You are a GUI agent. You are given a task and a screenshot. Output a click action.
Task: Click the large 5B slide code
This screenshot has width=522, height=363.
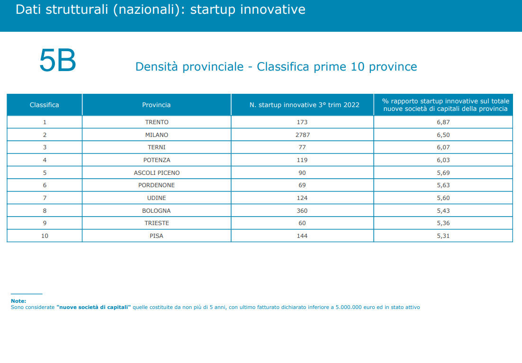coord(58,60)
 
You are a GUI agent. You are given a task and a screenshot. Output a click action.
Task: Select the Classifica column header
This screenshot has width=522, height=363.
coord(44,105)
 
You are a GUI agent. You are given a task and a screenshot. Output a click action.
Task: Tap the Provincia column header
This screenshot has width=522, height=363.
coord(156,105)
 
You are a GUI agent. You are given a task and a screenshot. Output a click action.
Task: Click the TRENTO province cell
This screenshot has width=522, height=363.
coord(157,122)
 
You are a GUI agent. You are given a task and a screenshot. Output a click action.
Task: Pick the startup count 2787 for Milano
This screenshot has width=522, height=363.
coord(302,135)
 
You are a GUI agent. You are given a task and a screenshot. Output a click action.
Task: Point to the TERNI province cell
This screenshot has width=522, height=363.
coord(156,147)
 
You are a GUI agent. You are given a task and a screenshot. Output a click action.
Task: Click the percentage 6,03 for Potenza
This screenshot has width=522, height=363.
coord(443,160)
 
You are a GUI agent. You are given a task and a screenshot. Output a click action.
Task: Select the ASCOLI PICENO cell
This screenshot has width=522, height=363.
coord(157,173)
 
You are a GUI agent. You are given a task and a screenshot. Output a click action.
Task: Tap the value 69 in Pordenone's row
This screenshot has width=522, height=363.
coord(302,185)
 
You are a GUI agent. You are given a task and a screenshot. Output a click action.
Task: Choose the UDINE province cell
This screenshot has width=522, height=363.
coord(156,198)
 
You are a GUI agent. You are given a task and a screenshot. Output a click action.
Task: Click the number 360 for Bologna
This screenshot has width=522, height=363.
coord(302,211)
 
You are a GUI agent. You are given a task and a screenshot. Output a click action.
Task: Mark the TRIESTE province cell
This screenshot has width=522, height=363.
coord(157,223)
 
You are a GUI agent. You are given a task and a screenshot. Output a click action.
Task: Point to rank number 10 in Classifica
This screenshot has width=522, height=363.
coord(45,236)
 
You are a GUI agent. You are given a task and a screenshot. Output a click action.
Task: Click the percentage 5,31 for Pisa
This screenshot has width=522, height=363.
coord(443,236)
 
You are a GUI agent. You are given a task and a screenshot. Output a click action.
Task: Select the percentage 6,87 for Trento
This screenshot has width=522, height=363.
coord(443,122)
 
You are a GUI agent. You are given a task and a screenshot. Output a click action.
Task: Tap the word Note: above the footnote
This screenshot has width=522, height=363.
coord(18,301)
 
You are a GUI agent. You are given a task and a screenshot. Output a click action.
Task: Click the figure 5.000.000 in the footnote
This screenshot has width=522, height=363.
coord(349,308)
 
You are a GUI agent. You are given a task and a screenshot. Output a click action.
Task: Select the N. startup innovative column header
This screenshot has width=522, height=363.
coord(304,105)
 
